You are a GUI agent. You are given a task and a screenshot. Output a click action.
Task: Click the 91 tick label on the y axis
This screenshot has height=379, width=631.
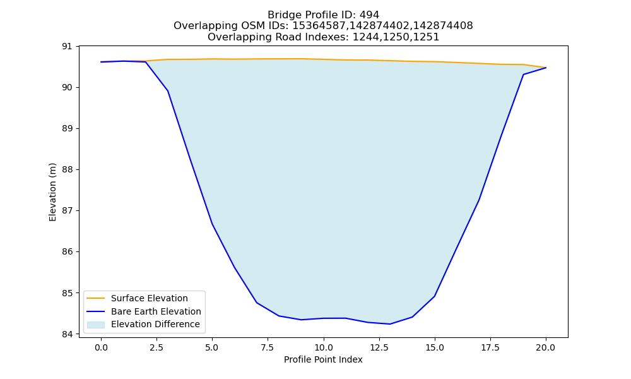pos(67,46)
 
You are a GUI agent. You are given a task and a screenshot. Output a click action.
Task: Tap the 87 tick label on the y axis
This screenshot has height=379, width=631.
pos(67,210)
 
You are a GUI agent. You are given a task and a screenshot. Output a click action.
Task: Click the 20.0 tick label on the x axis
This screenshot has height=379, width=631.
pos(546,347)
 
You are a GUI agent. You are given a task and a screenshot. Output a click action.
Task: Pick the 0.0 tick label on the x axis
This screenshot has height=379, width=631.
pos(101,347)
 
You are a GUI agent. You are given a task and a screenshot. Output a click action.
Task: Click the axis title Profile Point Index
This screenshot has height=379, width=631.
pos(323,359)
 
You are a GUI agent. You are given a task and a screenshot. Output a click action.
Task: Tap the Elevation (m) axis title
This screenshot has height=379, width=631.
pos(52,192)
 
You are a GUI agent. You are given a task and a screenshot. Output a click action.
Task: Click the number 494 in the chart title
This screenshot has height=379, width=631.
pos(369,15)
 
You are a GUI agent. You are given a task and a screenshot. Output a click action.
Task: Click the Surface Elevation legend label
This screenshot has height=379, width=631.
pos(150,298)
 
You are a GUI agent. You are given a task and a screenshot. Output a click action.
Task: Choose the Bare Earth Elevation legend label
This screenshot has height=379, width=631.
pos(156,311)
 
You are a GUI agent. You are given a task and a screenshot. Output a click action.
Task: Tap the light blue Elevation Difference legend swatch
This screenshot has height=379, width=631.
pos(96,325)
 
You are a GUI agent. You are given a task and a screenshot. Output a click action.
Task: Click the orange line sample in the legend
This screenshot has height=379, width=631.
pos(96,298)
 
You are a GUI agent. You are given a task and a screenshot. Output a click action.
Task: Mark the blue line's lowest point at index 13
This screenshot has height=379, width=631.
pos(390,324)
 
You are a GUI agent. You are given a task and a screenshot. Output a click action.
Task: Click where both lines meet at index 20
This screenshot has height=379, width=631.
pos(546,68)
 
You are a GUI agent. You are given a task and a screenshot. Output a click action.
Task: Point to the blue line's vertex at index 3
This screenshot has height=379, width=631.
pos(168,91)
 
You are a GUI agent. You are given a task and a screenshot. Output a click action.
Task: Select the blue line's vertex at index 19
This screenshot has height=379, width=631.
pos(524,75)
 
